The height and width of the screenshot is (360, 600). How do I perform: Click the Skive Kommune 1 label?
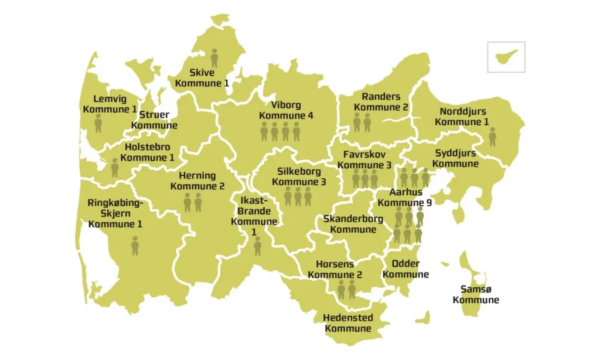pos(202,78)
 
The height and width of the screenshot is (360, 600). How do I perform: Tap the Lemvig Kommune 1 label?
pos(110,104)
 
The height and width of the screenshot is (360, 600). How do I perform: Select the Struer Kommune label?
pos(154,120)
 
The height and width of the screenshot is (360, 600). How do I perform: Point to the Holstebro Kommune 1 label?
pos(148,152)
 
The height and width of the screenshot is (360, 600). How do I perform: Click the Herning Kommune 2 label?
pos(197,181)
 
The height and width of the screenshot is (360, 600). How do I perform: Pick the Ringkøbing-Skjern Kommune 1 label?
pos(115,213)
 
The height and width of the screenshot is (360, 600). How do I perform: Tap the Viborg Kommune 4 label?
pos(286,110)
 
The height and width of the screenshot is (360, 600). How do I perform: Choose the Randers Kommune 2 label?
pos(381,102)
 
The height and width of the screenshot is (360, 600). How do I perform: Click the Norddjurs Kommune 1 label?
pos(462,117)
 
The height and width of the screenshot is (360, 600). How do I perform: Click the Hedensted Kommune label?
pos(347,323)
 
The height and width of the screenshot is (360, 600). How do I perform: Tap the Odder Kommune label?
pos(405,269)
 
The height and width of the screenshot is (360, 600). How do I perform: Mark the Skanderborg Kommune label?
pos(353,224)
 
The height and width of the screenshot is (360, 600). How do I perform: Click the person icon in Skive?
pos(214,58)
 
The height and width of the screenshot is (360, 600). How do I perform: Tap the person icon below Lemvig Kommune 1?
pos(98,124)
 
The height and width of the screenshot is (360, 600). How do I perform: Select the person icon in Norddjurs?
pos(492,137)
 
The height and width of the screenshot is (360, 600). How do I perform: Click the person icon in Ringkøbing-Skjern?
pos(135,245)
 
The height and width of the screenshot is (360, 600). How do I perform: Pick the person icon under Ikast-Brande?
pos(257,246)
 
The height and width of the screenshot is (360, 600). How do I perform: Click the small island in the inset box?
pos(506,57)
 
